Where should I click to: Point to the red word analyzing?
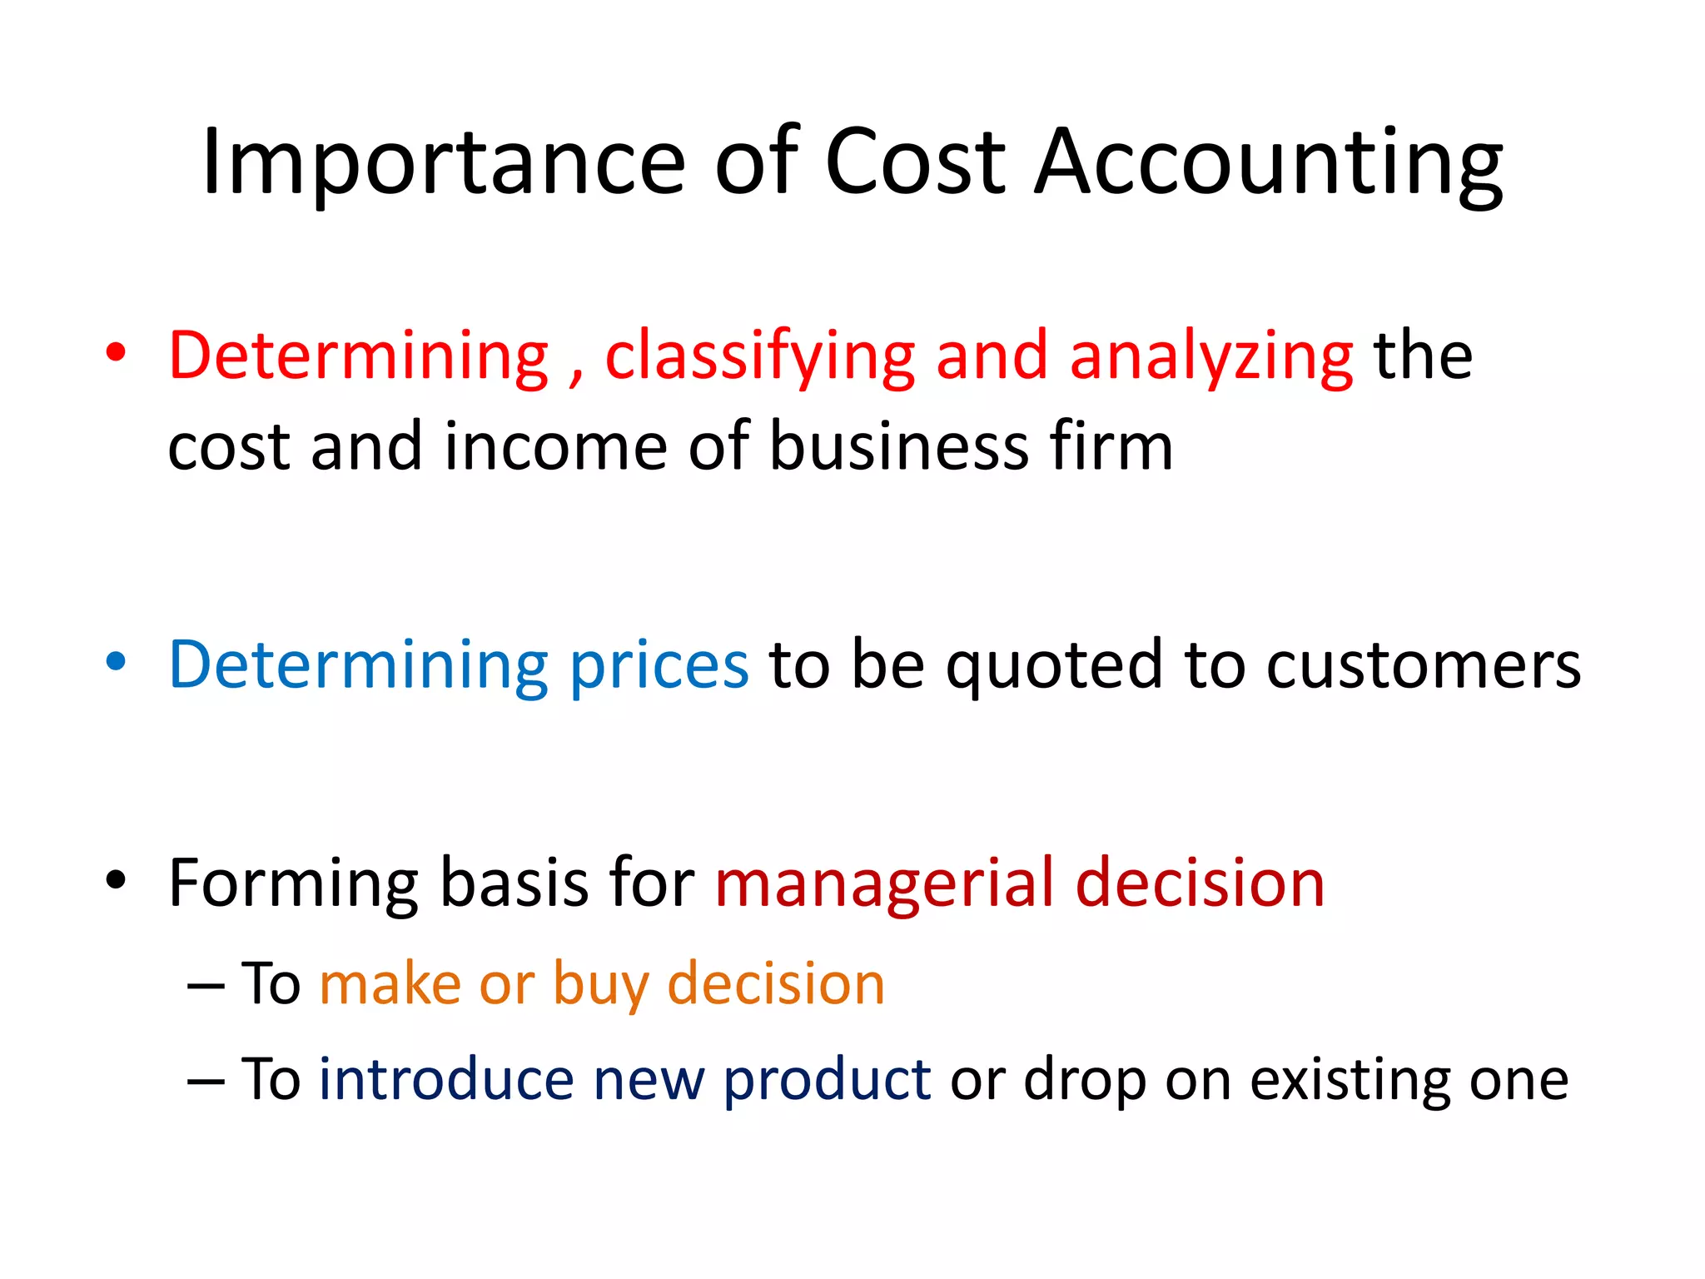coord(1211,358)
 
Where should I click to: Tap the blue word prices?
coord(659,666)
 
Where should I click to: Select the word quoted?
coord(1054,666)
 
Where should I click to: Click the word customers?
coord(1423,666)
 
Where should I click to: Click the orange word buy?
coord(600,986)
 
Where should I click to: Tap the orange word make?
coord(390,984)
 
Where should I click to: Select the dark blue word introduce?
coord(446,1079)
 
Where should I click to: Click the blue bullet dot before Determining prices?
coord(117,663)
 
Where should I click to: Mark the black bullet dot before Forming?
coord(117,879)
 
